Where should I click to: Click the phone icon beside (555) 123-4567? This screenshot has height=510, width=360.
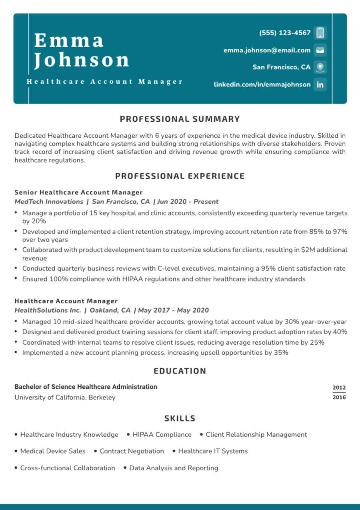point(320,33)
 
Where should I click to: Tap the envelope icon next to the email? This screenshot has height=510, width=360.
point(320,50)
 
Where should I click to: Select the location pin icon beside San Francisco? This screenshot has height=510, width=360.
point(320,67)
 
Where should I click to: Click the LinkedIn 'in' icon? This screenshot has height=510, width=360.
point(320,84)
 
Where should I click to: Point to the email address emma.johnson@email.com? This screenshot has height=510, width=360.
point(267,50)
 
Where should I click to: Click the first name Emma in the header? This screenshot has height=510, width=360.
point(69,40)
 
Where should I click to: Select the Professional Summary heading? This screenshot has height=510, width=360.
point(180,119)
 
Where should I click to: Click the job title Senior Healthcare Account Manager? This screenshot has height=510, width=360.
point(78,192)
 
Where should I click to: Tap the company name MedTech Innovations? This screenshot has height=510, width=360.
point(49,201)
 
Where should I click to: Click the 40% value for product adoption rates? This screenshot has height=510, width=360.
point(340,332)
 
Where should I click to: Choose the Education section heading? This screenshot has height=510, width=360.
point(180,371)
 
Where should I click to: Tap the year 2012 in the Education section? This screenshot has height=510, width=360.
point(339,388)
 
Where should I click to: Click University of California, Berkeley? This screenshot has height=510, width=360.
point(65,398)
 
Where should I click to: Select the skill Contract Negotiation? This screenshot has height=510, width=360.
point(132,451)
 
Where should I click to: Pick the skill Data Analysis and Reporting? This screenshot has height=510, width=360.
point(174,468)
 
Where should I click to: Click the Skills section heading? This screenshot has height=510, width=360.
point(180,418)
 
